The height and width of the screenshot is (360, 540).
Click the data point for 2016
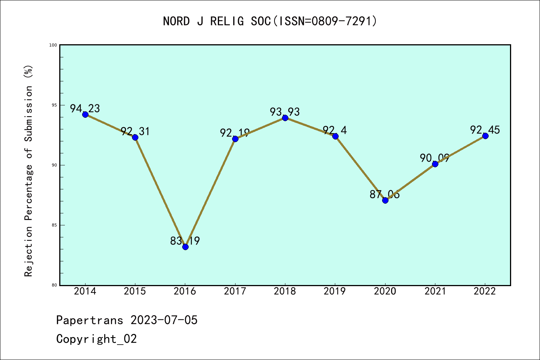(x=185, y=246)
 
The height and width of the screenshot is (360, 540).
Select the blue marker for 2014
(x=85, y=114)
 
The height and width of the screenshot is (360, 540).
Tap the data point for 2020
(x=385, y=200)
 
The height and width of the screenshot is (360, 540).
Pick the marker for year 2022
(x=485, y=136)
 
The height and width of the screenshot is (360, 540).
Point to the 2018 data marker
(x=285, y=118)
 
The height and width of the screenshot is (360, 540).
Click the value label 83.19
(x=185, y=241)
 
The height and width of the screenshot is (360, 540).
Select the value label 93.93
(x=285, y=112)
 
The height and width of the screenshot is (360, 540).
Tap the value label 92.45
(x=485, y=130)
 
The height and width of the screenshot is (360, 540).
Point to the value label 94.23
(x=85, y=108)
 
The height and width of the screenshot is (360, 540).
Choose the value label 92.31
(x=135, y=131)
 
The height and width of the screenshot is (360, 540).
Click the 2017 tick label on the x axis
(x=235, y=291)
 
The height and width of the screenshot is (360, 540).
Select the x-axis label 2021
(x=435, y=291)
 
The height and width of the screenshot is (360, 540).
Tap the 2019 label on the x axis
(x=335, y=291)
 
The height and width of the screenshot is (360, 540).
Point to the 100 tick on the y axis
(x=53, y=45)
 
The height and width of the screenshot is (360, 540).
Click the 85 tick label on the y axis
(x=54, y=225)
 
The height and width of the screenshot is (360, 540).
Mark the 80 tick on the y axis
(x=54, y=285)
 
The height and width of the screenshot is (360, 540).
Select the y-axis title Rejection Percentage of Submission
(x=28, y=171)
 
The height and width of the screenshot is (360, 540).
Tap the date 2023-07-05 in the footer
(x=164, y=320)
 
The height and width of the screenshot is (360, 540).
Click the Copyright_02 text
(x=97, y=339)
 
